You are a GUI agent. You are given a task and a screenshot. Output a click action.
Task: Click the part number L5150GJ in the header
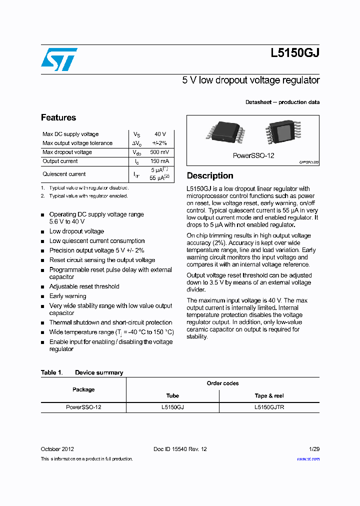295,54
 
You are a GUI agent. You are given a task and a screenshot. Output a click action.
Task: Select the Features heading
58,117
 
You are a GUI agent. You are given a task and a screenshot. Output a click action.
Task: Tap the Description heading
210,175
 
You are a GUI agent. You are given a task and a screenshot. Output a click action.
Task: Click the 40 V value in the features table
160,134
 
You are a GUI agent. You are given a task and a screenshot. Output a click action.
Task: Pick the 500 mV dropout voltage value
159,152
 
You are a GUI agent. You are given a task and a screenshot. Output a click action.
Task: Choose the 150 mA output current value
159,161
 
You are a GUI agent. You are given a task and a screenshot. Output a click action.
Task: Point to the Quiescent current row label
64,174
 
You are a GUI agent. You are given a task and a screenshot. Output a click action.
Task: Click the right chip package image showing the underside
283,133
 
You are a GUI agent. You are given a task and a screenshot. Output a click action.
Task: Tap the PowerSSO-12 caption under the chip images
253,155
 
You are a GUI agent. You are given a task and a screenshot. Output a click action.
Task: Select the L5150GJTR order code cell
269,407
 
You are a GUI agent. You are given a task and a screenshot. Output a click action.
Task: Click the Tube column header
172,395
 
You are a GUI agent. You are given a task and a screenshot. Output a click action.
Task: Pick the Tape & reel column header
269,395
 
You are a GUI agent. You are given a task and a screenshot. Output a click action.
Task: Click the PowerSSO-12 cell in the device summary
83,407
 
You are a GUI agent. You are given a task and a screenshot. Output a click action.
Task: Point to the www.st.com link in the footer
308,459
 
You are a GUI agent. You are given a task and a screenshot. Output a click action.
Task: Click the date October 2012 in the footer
57,449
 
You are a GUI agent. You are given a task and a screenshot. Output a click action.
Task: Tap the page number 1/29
314,449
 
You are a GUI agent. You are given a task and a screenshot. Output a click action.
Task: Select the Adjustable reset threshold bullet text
84,286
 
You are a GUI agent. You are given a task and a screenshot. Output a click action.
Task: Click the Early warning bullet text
67,296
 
